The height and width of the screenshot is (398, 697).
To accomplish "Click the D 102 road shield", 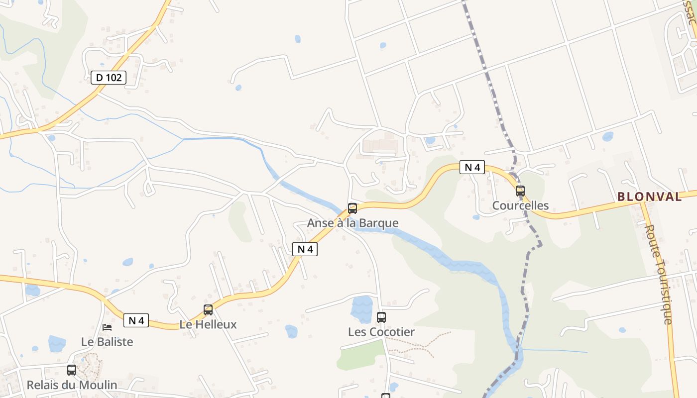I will click(109, 77).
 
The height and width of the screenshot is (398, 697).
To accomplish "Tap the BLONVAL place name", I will click(649, 197).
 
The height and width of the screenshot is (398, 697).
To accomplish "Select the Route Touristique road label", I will click(660, 274).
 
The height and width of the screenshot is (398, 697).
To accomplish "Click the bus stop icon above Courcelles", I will click(520, 191).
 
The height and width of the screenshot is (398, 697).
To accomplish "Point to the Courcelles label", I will click(520, 205).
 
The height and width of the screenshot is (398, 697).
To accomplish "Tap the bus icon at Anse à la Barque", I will click(352, 208).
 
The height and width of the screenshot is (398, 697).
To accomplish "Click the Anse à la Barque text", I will click(352, 223).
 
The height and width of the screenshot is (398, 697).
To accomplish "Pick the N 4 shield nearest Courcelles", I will click(471, 167).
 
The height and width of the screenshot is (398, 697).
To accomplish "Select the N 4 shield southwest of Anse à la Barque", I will click(305, 249).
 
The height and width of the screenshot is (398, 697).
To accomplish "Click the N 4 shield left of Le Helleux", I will click(136, 320).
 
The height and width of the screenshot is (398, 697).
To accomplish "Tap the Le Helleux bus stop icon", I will click(208, 309).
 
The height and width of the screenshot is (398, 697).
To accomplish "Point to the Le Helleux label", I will click(208, 324).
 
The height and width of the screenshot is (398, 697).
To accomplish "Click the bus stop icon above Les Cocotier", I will click(381, 317).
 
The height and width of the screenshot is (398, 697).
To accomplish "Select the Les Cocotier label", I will click(381, 332).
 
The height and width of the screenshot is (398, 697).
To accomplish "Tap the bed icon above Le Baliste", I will click(107, 327).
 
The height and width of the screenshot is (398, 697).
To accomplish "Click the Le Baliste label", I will click(107, 342).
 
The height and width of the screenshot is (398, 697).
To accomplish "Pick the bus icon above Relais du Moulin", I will click(72, 370).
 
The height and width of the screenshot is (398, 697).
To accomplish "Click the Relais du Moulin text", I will click(72, 385).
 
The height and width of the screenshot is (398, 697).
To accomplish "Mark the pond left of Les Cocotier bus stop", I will click(362, 309).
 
